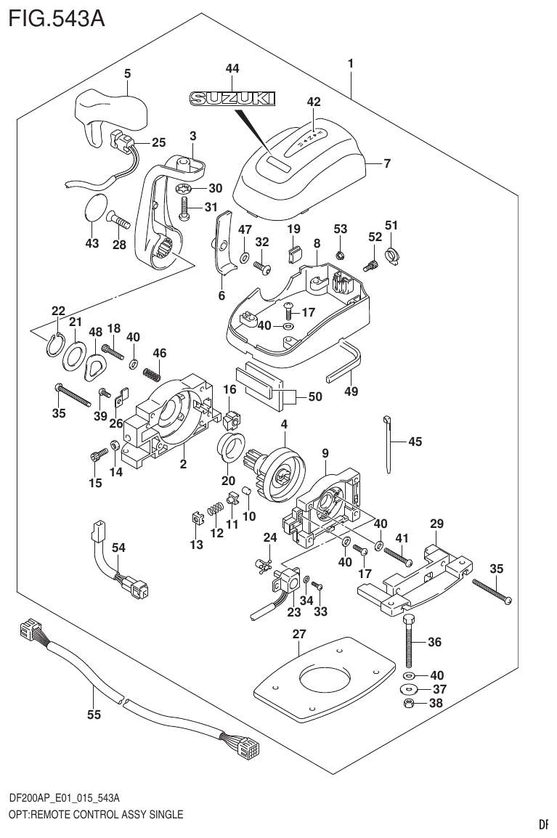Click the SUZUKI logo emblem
pyautogui.click(x=233, y=99)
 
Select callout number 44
pyautogui.click(x=232, y=68)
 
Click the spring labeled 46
pyautogui.click(x=151, y=374)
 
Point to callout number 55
pyautogui.click(x=93, y=715)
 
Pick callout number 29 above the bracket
pyautogui.click(x=436, y=523)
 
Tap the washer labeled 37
pyautogui.click(x=410, y=689)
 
